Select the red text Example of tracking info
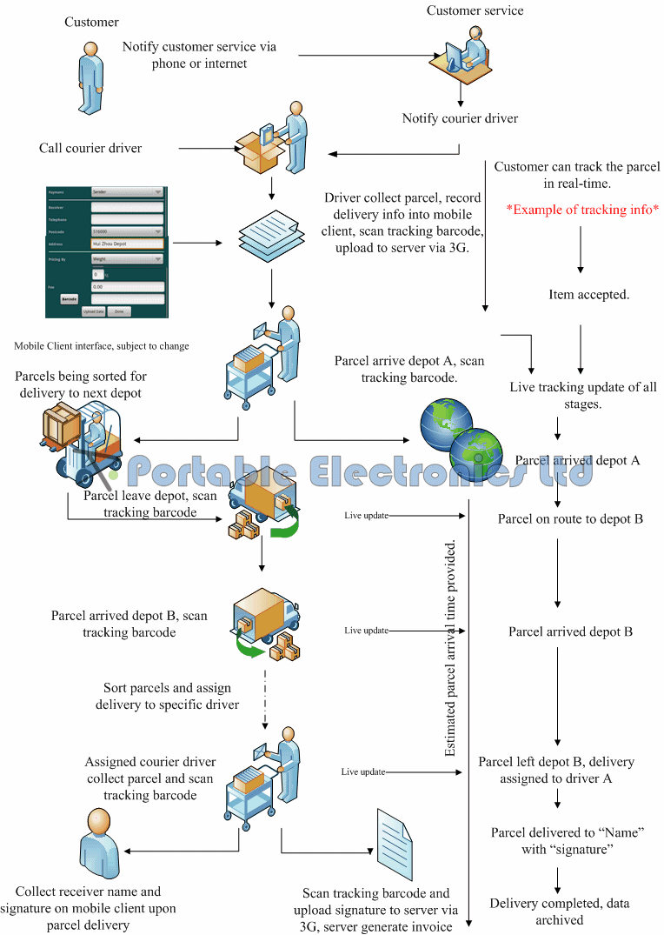pos(583,210)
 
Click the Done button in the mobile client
pos(120,311)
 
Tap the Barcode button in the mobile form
pos(70,298)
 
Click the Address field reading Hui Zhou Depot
pos(127,244)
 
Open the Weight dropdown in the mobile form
pos(127,258)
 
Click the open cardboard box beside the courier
pos(262,152)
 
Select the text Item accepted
pos(589,295)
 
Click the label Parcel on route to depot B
pos(570,519)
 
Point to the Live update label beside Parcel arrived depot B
pos(365,631)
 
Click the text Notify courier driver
pos(460,118)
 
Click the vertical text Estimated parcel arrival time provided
pos(450,648)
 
